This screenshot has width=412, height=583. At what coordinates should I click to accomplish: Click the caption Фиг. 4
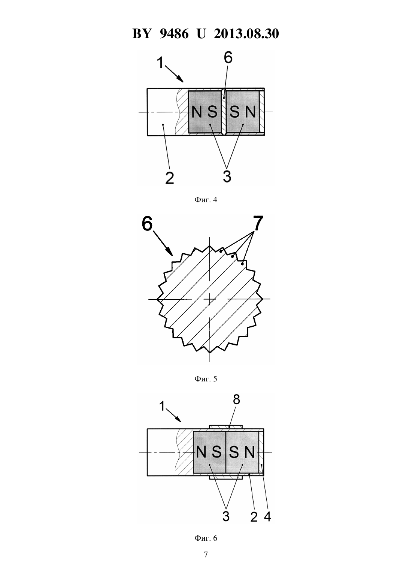[x=206, y=200]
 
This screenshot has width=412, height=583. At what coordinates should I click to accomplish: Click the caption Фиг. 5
[x=206, y=379]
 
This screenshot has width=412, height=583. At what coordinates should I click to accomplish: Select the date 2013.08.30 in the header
[x=246, y=34]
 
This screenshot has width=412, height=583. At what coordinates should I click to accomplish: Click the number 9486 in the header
[x=174, y=34]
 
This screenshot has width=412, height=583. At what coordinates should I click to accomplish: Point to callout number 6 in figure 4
[x=228, y=58]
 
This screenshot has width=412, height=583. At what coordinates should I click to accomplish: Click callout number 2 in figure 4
[x=170, y=178]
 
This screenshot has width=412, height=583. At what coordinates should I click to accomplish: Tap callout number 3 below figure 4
[x=227, y=176]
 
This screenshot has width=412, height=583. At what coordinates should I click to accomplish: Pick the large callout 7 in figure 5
[x=257, y=223]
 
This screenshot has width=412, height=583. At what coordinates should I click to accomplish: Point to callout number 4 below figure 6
[x=267, y=516]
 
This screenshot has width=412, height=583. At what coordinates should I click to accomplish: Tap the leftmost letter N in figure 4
[x=197, y=112]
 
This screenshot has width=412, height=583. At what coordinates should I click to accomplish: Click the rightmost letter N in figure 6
[x=249, y=452]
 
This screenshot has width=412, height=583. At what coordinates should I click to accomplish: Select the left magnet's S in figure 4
[x=212, y=112]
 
